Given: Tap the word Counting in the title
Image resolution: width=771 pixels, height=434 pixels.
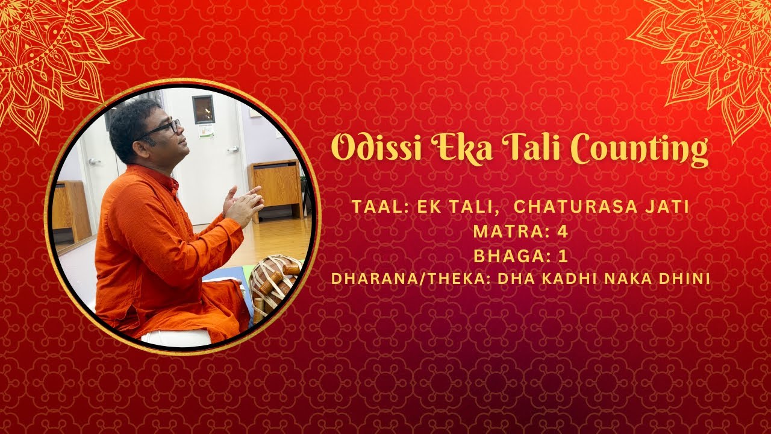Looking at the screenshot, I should (x=639, y=148).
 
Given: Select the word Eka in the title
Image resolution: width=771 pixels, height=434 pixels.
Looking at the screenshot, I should (x=464, y=148).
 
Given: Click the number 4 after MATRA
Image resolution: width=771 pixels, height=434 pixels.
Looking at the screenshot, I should (x=564, y=231).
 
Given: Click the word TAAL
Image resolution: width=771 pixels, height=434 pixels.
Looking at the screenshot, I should (x=372, y=207).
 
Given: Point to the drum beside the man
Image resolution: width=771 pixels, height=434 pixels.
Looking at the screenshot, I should (x=275, y=283).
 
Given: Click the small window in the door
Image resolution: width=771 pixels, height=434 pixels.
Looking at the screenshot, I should (x=203, y=109).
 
